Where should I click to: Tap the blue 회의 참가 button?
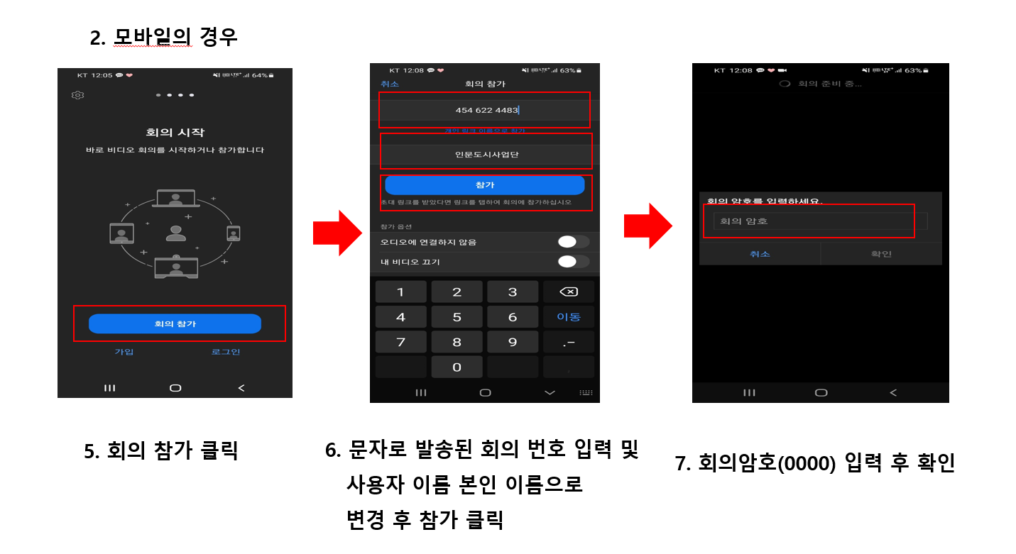175,323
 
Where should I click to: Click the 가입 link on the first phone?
124,352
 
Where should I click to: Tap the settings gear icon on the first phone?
78,95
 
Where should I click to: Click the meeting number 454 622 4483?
486,110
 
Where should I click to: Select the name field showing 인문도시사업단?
486,155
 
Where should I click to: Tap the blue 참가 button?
484,185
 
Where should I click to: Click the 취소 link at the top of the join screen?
390,84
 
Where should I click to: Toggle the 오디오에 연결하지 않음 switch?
573,242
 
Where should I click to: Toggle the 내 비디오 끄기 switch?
573,262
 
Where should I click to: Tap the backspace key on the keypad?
569,292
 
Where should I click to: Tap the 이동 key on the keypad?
569,317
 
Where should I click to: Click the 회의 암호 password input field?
809,221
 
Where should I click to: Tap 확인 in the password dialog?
881,254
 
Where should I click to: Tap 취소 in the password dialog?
760,254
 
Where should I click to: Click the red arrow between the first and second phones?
338,233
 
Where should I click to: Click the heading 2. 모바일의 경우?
163,37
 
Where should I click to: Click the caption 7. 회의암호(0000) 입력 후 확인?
815,463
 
